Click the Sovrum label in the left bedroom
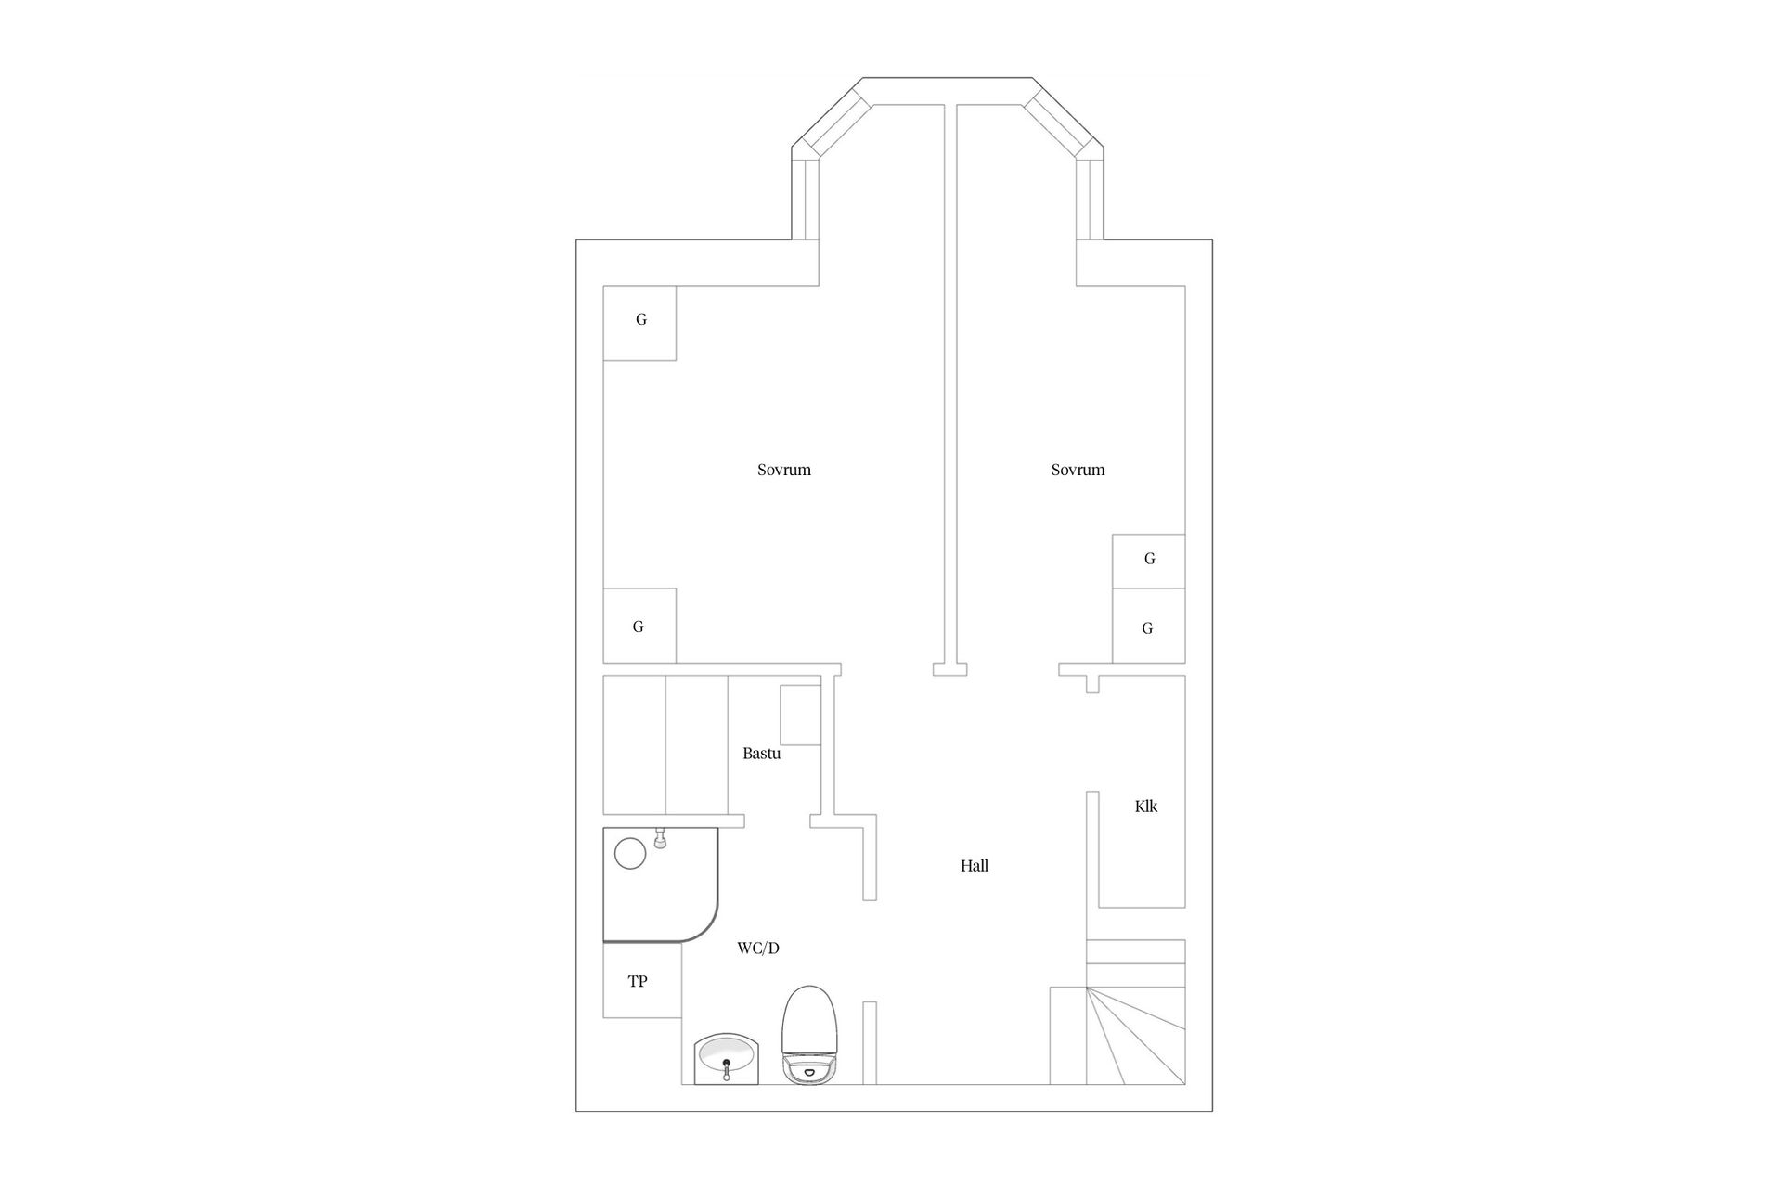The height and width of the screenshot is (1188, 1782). pos(784,470)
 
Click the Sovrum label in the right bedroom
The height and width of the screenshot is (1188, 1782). pos(1078,470)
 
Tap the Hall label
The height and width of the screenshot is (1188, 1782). pos(975,866)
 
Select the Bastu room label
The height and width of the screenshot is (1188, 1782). pos(761,754)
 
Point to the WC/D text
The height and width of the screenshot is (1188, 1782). pos(758,949)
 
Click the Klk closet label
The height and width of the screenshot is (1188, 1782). pos(1146,807)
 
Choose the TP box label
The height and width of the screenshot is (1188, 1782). pos(638,981)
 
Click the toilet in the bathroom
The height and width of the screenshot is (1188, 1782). pos(810,1035)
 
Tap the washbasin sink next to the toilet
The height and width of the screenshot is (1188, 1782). pos(727,1058)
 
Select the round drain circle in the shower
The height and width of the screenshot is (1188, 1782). pos(630,853)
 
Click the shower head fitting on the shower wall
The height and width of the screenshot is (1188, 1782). pos(660,839)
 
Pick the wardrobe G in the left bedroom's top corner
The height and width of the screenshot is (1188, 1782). pos(640,320)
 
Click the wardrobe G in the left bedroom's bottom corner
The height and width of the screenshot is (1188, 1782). pos(639,626)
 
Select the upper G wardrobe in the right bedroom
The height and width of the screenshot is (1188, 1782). pos(1149,560)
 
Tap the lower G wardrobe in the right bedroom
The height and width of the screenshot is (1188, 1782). pos(1148,627)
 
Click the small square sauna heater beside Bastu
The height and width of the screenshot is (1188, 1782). pos(800,715)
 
